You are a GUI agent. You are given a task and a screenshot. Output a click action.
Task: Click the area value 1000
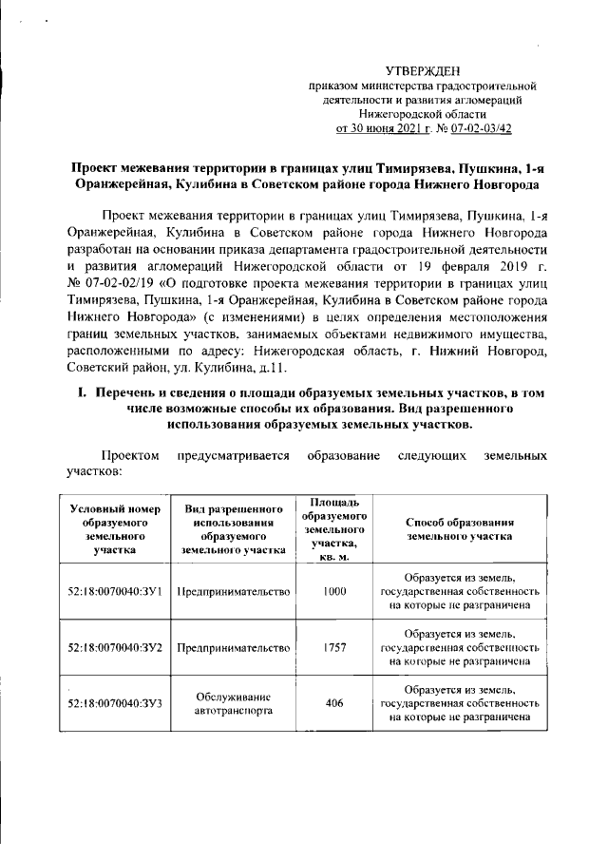[333, 591]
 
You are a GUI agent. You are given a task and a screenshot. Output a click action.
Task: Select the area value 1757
[333, 647]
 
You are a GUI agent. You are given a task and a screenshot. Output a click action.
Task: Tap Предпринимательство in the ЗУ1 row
[234, 591]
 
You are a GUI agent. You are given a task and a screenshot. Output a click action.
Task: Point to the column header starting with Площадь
[334, 528]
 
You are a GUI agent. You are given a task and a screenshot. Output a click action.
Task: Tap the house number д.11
[284, 367]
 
